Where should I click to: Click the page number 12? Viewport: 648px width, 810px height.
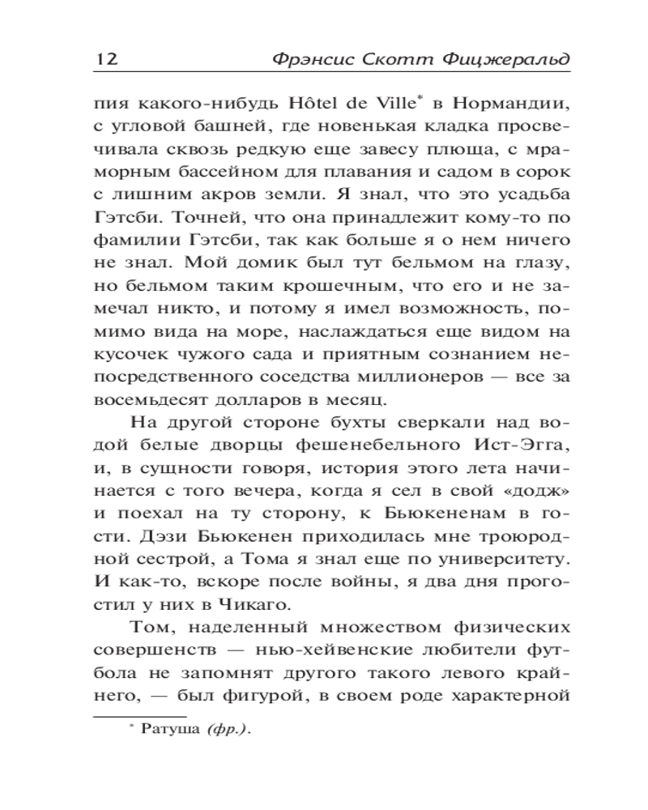click(x=106, y=59)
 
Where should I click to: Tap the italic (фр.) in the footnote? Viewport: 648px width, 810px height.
click(x=228, y=730)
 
